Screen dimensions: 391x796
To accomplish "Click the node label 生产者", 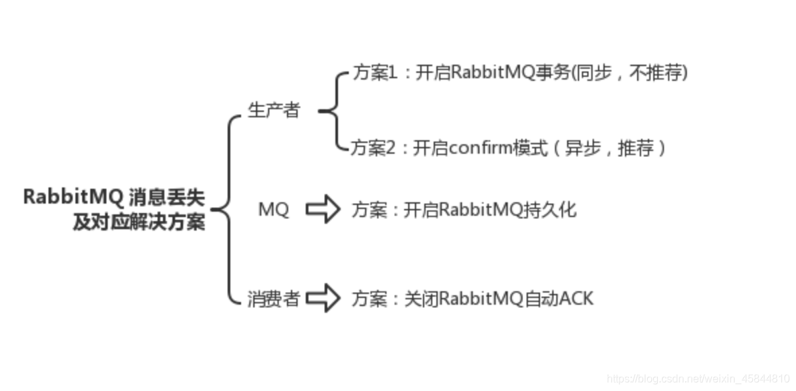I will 273,111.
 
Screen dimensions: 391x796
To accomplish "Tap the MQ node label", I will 273,210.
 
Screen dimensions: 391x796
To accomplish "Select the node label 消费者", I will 273,299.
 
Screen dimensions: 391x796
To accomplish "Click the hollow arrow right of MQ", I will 323,210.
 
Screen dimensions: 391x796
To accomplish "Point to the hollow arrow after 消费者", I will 323,298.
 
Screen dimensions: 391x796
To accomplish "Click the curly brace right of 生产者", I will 329,111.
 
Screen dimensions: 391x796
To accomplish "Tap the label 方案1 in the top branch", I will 376,73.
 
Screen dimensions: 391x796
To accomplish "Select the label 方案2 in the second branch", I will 374,148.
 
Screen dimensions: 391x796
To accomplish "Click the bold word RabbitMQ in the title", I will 73,197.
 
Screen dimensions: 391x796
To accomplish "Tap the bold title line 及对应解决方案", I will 139,222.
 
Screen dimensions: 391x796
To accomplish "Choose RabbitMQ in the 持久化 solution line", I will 480,210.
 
